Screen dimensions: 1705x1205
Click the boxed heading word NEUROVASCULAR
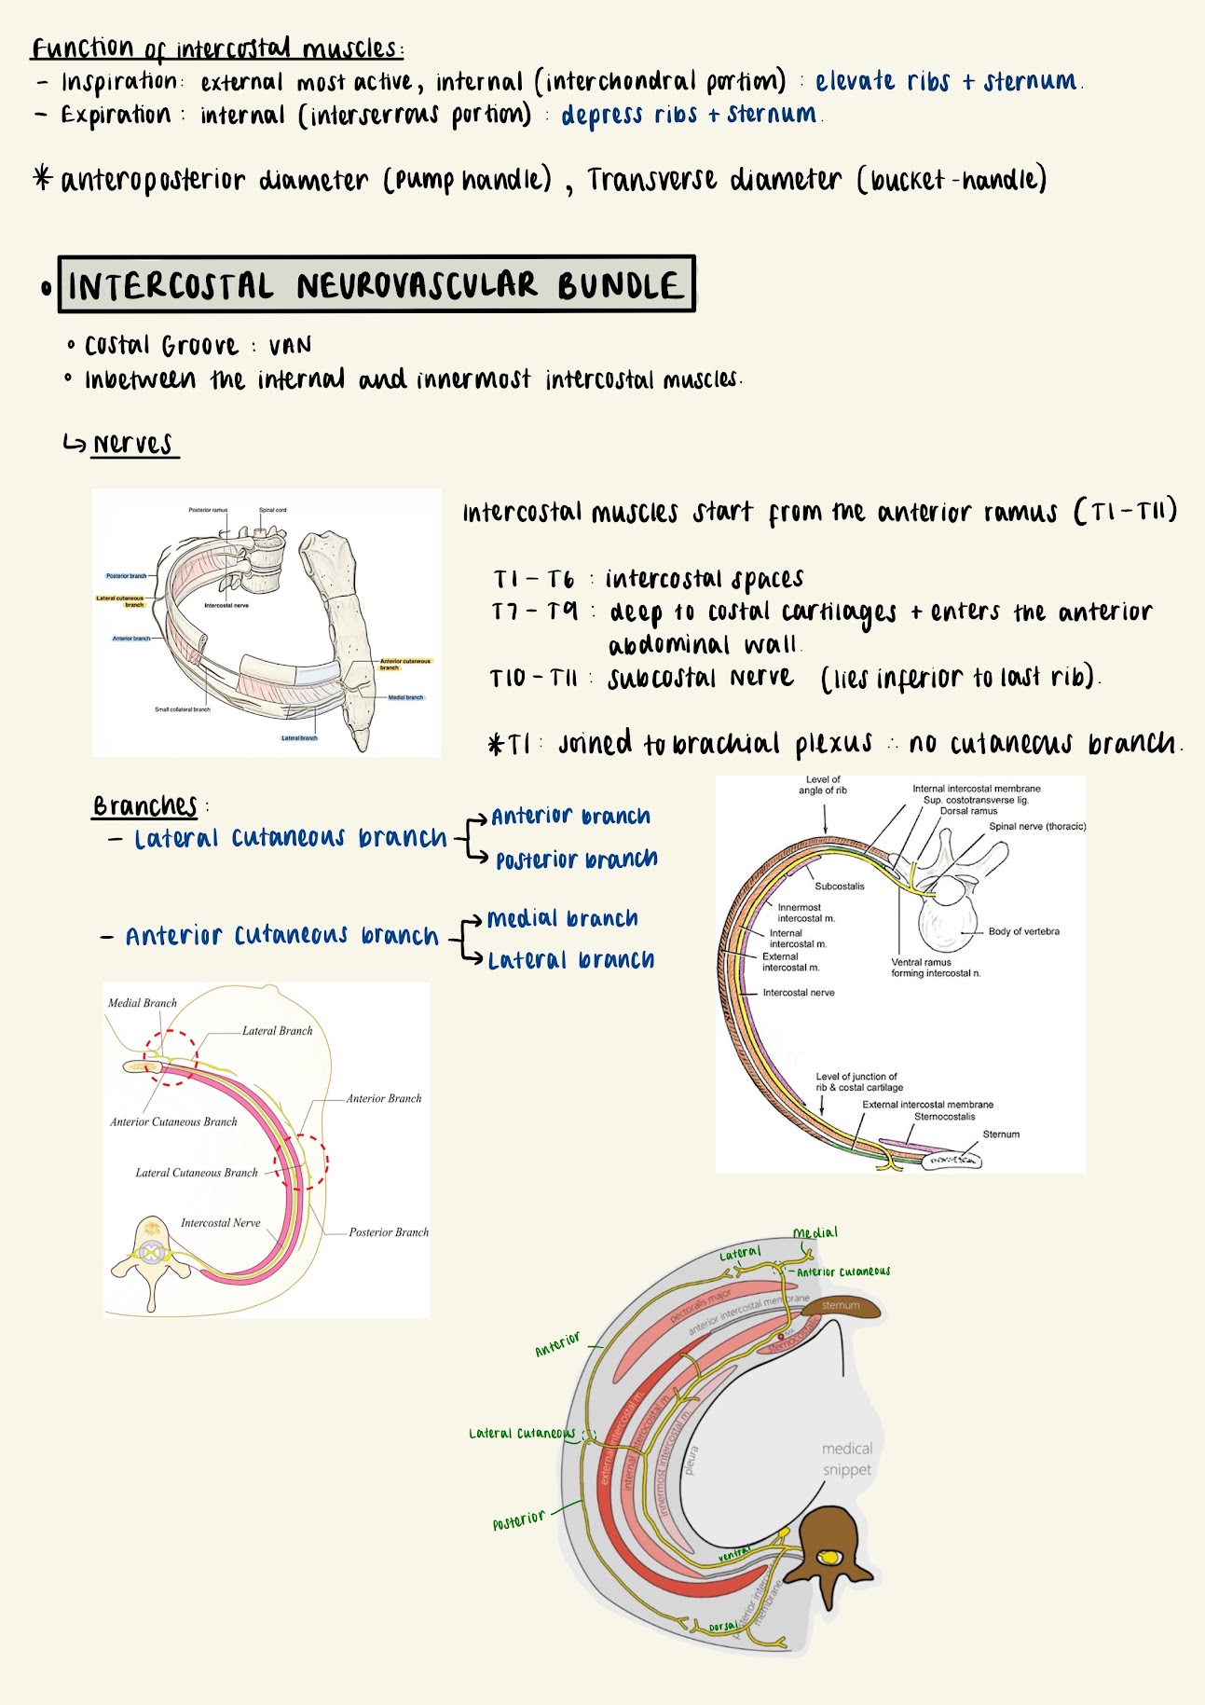417,285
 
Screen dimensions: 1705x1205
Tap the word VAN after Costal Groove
290,347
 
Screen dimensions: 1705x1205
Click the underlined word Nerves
132,445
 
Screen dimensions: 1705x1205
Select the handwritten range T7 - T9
535,612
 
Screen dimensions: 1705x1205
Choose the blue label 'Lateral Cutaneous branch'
290,838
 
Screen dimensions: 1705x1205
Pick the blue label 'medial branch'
562,919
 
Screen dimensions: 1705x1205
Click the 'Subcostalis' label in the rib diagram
839,887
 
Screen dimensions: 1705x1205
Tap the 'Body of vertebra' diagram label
1023,931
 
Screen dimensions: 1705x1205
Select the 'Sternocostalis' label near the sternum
944,1117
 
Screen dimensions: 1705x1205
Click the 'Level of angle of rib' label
823,785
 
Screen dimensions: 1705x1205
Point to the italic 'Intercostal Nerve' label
220,1223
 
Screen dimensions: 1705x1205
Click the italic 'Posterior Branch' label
389,1232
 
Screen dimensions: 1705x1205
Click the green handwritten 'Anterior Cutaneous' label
842,1272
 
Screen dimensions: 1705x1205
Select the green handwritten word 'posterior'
519,1520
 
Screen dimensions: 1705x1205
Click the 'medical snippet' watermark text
846,1459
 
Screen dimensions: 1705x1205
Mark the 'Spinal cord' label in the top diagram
272,510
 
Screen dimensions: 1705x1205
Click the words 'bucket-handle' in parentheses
951,179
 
